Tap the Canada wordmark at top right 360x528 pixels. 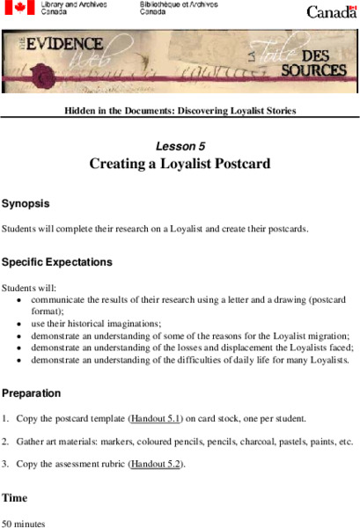(332, 11)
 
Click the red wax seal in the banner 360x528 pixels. (38, 77)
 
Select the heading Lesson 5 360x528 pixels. (180, 146)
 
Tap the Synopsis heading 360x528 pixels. (26, 203)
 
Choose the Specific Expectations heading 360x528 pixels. (57, 262)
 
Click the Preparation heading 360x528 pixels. (32, 393)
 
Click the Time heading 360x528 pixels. (14, 498)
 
